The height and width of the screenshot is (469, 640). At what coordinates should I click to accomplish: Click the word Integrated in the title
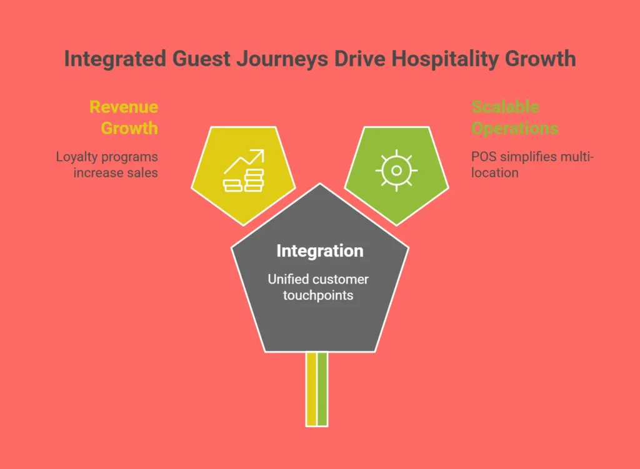pyautogui.click(x=115, y=59)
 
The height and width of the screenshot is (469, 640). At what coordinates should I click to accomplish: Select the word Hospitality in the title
pyautogui.click(x=445, y=59)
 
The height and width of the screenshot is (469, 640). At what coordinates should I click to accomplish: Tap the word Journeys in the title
pyautogui.click(x=282, y=59)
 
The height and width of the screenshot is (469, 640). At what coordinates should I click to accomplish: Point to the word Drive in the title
pyautogui.click(x=359, y=58)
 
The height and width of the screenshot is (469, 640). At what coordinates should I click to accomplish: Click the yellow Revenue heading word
pyautogui.click(x=124, y=107)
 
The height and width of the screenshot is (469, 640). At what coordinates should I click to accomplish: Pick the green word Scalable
pyautogui.click(x=505, y=107)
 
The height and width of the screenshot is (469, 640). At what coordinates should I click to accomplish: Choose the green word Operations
pyautogui.click(x=515, y=129)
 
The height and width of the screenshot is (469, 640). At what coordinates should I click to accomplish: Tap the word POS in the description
pyautogui.click(x=484, y=157)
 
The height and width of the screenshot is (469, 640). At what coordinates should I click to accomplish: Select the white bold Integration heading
pyautogui.click(x=320, y=251)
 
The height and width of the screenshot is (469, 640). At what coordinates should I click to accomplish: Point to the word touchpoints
pyautogui.click(x=318, y=295)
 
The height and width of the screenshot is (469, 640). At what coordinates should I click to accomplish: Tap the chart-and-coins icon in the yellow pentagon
pyautogui.click(x=244, y=170)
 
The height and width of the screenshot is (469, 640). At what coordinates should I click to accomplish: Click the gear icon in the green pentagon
pyautogui.click(x=396, y=170)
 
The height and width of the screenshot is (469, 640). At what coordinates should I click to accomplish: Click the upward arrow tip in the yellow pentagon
pyautogui.click(x=263, y=151)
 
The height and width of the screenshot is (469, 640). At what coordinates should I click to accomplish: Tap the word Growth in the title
pyautogui.click(x=541, y=59)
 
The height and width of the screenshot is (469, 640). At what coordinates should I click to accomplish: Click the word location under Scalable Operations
pyautogui.click(x=495, y=173)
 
